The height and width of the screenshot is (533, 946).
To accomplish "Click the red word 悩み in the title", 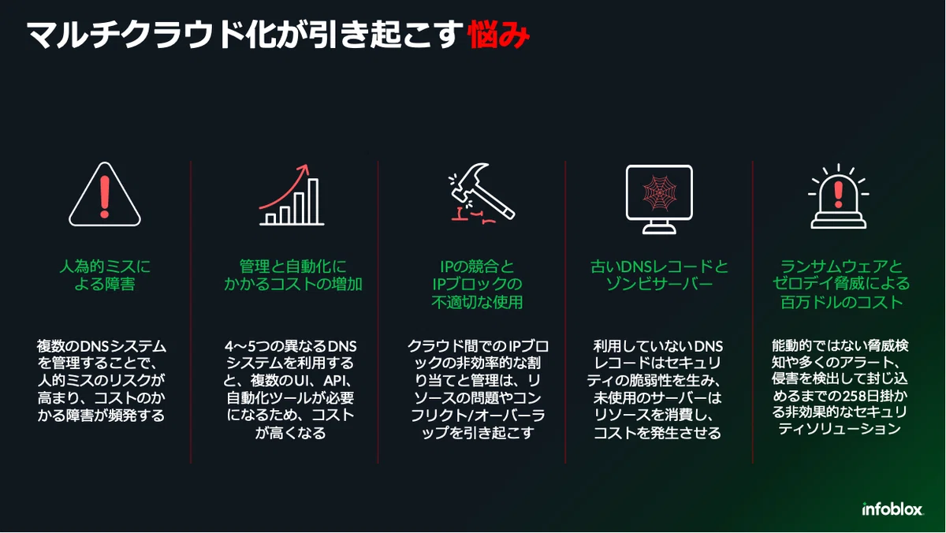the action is tap(499, 34).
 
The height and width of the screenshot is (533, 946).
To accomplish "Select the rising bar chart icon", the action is tap(292, 195).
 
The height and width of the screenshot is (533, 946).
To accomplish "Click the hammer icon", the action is tap(482, 192).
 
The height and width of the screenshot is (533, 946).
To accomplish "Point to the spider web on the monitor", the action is tap(659, 192).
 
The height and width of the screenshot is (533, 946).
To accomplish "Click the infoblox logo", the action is tap(892, 509).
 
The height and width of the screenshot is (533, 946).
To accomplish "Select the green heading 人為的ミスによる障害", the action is tap(105, 275).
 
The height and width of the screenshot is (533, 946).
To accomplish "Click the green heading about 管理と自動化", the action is tap(292, 275).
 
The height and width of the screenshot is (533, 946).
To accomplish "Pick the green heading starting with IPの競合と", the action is tap(477, 284).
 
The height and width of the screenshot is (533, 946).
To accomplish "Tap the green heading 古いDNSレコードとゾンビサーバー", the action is tap(659, 275).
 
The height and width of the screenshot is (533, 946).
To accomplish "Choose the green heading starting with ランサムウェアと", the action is tap(841, 284).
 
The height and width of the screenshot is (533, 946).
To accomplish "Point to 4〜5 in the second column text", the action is tap(240, 346).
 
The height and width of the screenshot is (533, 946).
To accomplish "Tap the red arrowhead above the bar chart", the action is tap(304, 169).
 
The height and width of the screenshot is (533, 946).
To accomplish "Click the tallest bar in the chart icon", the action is tap(313, 202).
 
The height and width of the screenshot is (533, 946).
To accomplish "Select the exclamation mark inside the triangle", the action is tap(105, 196).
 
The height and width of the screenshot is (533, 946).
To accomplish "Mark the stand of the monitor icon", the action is tap(659, 227).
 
